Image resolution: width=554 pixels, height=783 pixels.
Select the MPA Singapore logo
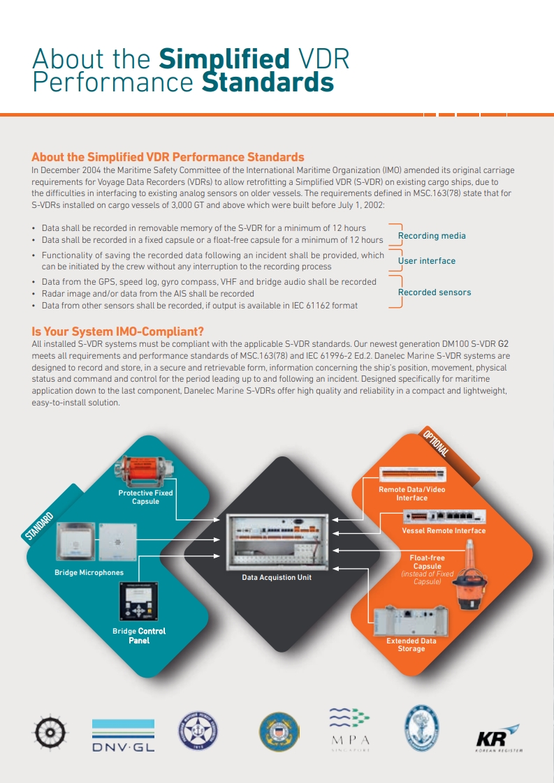(x=349, y=729)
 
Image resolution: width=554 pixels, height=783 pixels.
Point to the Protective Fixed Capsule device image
(x=145, y=470)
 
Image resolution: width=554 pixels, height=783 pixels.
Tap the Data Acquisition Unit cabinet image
(x=277, y=542)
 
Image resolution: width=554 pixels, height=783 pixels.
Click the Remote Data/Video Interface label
(x=411, y=493)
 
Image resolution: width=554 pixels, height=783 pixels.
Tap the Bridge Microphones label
(x=89, y=573)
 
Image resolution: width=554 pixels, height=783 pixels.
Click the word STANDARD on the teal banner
(x=40, y=527)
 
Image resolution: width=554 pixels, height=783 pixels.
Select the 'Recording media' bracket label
(x=431, y=236)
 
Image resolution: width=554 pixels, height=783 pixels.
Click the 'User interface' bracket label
(x=426, y=261)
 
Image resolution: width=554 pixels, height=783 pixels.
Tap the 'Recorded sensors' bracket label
(x=434, y=292)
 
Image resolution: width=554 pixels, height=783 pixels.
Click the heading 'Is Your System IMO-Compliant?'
(x=117, y=331)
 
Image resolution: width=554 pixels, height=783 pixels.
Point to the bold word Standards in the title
(x=268, y=82)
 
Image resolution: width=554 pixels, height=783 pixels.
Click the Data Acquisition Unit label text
(x=277, y=577)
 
